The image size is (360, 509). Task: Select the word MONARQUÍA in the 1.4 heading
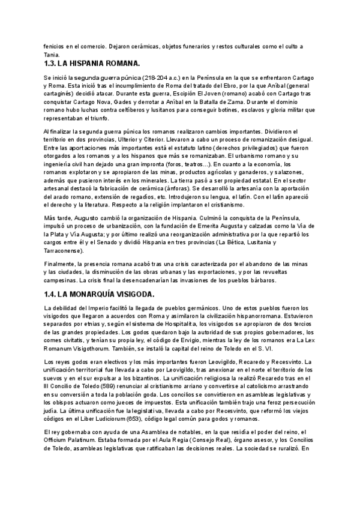(x=97, y=294)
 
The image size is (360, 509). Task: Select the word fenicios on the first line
(x=57, y=46)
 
